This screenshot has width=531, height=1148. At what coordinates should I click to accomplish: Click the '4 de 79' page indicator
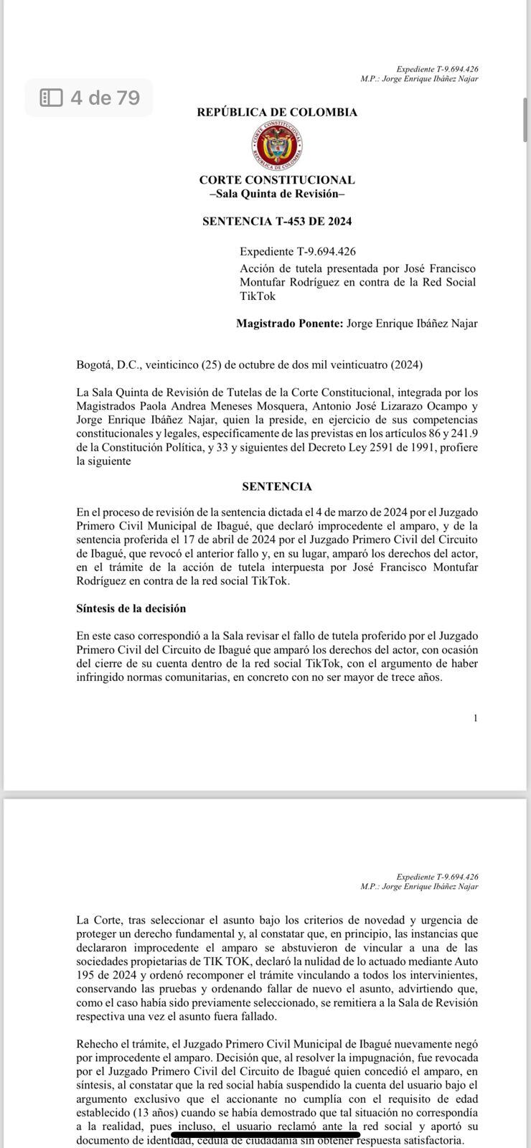(105, 98)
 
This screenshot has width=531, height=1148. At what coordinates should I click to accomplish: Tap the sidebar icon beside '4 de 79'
(51, 98)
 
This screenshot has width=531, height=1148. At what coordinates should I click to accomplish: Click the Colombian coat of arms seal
(276, 146)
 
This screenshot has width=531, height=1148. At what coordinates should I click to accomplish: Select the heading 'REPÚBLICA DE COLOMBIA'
(277, 113)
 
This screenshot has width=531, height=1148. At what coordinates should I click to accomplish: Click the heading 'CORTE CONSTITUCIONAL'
(277, 180)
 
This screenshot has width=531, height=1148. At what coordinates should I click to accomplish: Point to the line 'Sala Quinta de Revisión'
(277, 194)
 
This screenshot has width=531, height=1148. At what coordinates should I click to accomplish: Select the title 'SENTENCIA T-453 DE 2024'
(277, 222)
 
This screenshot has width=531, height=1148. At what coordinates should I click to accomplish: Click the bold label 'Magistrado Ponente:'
(289, 324)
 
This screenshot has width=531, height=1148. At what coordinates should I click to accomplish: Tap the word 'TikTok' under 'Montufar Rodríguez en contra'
(258, 296)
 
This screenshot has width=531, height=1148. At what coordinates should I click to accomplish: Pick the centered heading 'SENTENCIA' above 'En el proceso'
(277, 486)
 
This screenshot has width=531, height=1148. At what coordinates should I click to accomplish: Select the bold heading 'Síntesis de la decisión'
(131, 608)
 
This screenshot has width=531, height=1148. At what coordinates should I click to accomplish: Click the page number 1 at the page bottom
(475, 718)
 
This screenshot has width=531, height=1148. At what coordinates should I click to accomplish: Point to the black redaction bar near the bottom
(265, 1134)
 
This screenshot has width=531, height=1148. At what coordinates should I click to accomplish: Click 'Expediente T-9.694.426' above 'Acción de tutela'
(298, 252)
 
